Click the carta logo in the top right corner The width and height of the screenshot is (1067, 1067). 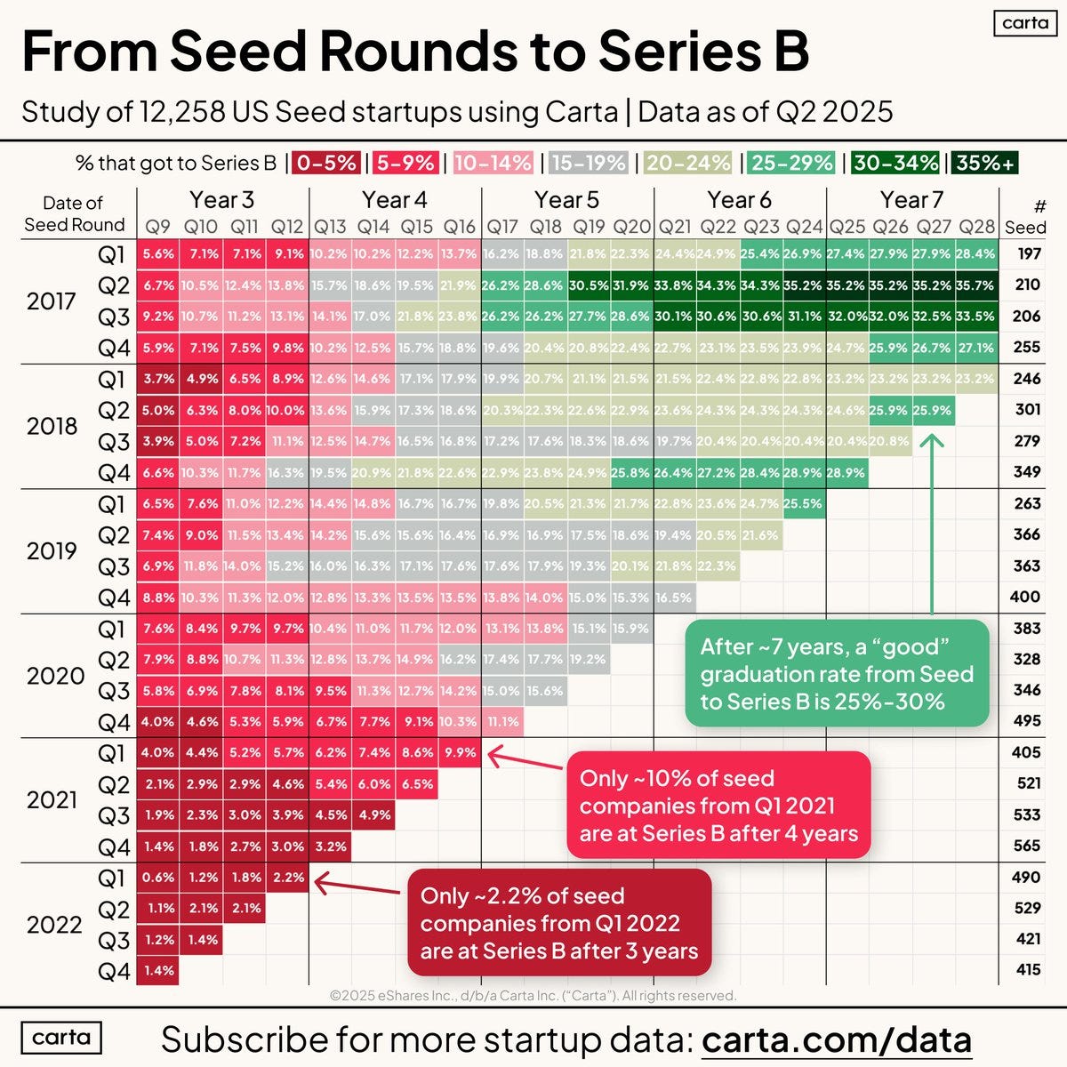click(x=1024, y=23)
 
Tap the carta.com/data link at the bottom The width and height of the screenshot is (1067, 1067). click(x=836, y=1039)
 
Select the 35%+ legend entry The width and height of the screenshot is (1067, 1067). click(x=983, y=163)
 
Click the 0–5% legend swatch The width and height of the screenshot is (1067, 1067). click(x=327, y=163)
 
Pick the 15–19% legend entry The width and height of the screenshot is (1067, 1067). click(x=588, y=163)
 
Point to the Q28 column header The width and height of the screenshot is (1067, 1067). click(x=976, y=228)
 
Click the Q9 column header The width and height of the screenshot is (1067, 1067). click(x=158, y=228)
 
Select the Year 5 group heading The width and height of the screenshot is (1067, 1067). click(x=566, y=200)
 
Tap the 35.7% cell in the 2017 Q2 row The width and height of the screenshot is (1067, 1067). click(x=976, y=285)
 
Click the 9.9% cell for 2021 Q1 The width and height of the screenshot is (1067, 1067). click(x=460, y=752)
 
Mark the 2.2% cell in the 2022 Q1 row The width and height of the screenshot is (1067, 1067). click(x=288, y=877)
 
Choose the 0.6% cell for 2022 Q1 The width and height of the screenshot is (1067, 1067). click(x=158, y=877)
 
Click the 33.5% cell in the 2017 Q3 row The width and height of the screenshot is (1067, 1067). click(x=976, y=317)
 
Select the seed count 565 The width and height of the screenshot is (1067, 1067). click(x=1027, y=846)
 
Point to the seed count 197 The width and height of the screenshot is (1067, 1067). click(x=1028, y=254)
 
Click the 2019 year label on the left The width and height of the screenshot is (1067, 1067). click(x=52, y=551)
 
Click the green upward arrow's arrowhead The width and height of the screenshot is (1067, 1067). click(x=931, y=440)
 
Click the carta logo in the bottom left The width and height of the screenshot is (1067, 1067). click(x=61, y=1038)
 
